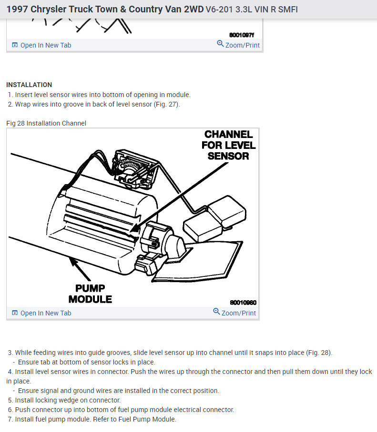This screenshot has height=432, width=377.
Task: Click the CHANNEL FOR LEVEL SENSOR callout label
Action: coord(228,145)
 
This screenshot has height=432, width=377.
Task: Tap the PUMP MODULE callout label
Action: coord(90,294)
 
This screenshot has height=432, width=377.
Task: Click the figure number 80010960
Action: coord(243,303)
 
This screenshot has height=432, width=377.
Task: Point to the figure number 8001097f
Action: coord(242,35)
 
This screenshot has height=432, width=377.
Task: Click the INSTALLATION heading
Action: coord(29,85)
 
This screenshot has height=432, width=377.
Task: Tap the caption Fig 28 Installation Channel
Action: coord(46,123)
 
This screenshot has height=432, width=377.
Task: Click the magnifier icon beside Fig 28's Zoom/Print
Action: coord(216,312)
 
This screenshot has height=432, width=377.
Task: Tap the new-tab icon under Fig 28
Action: coord(15,313)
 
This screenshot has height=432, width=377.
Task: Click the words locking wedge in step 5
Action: coord(64,400)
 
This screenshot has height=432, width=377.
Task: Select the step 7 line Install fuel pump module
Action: coord(95,419)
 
